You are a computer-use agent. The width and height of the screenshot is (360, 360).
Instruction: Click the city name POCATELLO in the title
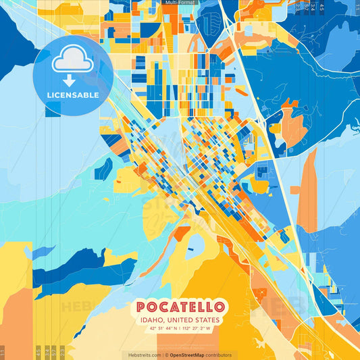(181, 307)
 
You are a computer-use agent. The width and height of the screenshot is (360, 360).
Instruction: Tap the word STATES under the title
(210, 320)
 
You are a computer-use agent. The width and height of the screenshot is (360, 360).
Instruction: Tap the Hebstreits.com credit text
(143, 355)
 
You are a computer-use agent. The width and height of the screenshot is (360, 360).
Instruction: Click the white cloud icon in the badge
(73, 61)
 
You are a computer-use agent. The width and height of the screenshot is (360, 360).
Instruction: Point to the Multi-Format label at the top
(180, 3)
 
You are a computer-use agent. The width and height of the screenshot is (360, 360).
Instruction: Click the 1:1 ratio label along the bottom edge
(3, 351)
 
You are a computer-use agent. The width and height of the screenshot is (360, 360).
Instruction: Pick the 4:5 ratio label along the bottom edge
(38, 351)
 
